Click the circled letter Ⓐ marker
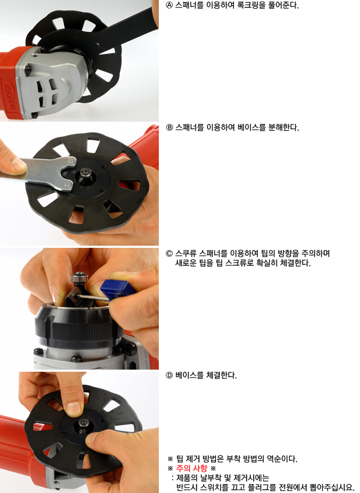coord(169,5)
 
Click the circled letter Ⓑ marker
coord(169,128)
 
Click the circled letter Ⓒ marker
coord(169,254)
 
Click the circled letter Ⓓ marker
coord(169,375)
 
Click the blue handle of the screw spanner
coord(113,288)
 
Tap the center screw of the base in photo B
coord(86,172)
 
